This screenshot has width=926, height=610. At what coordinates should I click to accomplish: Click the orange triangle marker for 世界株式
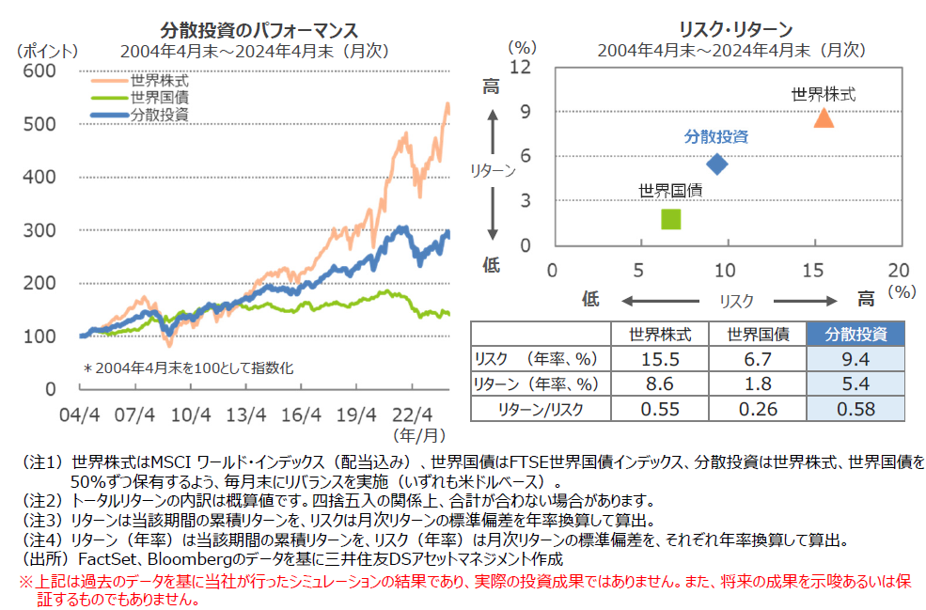point(824,117)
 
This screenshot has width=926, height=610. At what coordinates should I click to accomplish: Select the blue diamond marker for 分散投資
point(717,164)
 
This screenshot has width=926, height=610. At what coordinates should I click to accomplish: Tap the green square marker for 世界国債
point(671,219)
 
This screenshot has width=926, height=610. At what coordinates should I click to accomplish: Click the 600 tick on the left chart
point(41,71)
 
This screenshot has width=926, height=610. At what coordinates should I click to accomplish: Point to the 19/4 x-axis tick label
point(357,413)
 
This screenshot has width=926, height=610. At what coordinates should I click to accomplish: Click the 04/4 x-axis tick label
point(80,413)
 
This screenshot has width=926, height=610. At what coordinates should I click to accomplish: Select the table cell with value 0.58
point(855,408)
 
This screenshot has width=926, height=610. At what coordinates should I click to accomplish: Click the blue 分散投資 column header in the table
point(855,334)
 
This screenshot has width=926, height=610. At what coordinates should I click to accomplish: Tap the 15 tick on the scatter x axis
point(811,271)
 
